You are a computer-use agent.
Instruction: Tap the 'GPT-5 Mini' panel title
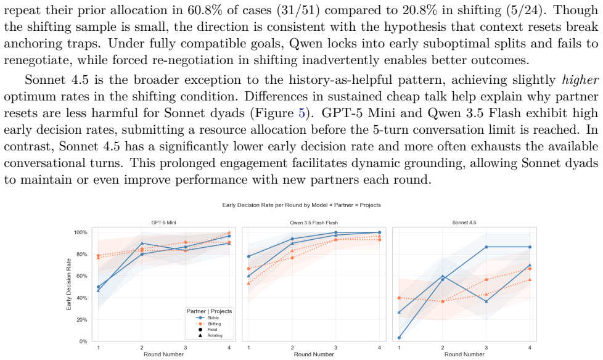tap(163, 223)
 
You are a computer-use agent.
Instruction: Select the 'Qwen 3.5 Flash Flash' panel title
tap(314, 223)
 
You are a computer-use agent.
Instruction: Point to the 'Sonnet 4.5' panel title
tap(464, 223)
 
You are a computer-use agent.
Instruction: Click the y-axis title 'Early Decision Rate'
tap(69, 284)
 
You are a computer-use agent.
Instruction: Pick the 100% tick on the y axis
tap(81, 232)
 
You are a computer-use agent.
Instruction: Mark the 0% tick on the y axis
tap(83, 342)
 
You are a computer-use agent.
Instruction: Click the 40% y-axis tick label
tap(82, 298)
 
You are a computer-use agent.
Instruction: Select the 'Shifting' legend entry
tap(214, 324)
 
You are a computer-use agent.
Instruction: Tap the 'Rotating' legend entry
tap(215, 335)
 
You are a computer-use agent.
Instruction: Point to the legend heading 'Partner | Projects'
tap(209, 311)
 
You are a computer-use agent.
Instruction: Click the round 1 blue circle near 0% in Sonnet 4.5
tap(399, 338)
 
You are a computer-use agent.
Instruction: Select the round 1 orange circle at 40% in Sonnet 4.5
tap(399, 298)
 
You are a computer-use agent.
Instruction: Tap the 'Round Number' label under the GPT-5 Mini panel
tap(163, 354)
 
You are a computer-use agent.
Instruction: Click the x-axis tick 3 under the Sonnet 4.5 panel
tap(486, 348)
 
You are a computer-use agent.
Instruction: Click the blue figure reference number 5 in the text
tap(302, 113)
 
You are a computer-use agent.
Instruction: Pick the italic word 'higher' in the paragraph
tap(580, 80)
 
